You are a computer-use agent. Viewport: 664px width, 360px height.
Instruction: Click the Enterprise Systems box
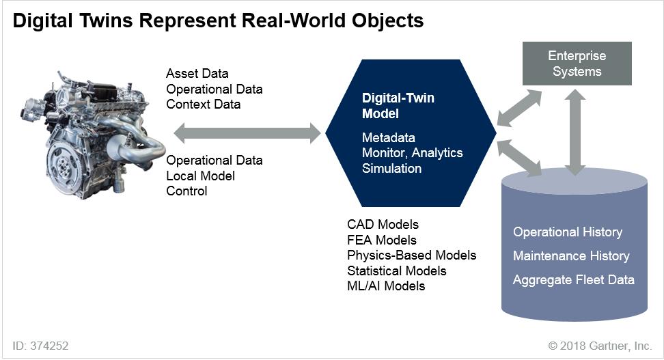coord(577,64)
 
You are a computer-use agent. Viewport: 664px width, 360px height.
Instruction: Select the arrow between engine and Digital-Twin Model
coord(247,133)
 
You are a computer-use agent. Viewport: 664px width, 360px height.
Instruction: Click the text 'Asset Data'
coord(197,73)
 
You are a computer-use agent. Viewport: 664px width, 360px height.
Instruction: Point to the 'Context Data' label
coord(204,105)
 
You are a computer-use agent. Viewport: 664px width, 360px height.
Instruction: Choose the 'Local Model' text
coord(201,176)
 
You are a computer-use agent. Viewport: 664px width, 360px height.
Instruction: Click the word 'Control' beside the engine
coord(187,191)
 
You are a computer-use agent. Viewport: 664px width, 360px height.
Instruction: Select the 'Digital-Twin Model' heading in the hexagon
coord(398,106)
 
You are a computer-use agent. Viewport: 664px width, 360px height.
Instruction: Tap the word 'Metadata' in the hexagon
coord(389,138)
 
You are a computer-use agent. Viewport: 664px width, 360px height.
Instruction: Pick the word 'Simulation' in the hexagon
coord(392,168)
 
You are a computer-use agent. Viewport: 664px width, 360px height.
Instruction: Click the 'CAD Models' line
coord(383,224)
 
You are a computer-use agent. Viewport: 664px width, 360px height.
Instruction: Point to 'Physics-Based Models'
coord(411,255)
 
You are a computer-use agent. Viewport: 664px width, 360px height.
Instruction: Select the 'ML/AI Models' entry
coord(386,286)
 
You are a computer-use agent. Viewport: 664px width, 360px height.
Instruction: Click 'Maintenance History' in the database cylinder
coord(571,255)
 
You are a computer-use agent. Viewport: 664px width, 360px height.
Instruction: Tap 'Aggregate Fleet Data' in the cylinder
coord(574,279)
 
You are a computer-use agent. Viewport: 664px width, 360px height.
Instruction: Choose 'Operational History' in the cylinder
coord(568,232)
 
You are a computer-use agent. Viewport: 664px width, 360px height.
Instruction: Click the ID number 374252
coord(49,346)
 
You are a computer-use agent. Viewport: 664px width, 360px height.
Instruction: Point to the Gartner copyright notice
coord(600,346)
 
